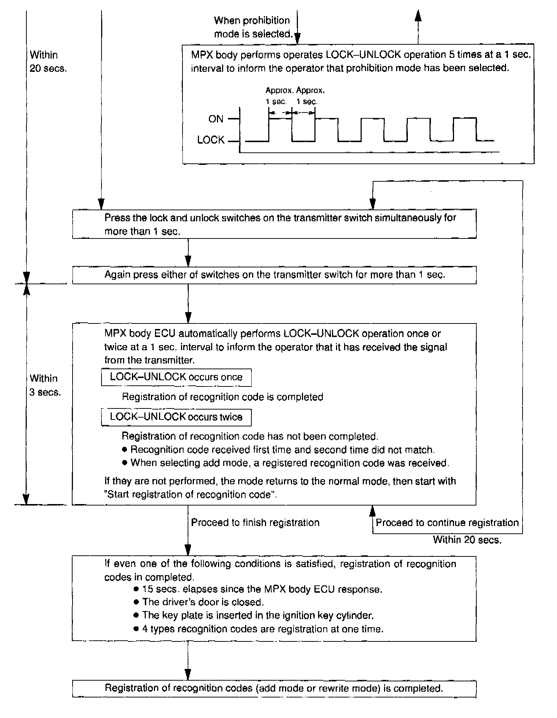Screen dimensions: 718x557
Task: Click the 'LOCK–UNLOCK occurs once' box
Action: pyautogui.click(x=176, y=377)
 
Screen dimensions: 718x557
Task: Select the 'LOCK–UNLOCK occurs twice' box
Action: pyautogui.click(x=176, y=417)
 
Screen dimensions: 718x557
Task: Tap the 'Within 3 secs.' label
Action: pyautogui.click(x=45, y=385)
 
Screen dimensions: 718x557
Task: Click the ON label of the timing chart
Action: pyautogui.click(x=215, y=119)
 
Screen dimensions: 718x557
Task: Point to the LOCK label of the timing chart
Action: pyautogui.click(x=211, y=140)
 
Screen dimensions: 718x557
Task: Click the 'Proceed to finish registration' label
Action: pyautogui.click(x=255, y=522)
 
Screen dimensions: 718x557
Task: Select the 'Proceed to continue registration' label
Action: pyautogui.click(x=447, y=522)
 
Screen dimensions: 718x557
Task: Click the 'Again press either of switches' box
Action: pyautogui.click(x=274, y=275)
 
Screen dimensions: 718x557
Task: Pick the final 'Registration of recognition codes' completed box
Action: pyautogui.click(x=274, y=688)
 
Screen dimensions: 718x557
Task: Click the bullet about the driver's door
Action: pyautogui.click(x=203, y=602)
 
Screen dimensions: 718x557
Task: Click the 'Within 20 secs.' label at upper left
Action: pyautogui.click(x=48, y=62)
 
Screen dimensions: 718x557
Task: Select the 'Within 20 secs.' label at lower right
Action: pyautogui.click(x=467, y=540)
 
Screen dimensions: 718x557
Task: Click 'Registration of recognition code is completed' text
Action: pyautogui.click(x=222, y=397)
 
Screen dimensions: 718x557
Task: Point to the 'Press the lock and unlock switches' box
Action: pyautogui.click(x=274, y=224)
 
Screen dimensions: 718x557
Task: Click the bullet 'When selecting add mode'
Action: pyautogui.click(x=289, y=463)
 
